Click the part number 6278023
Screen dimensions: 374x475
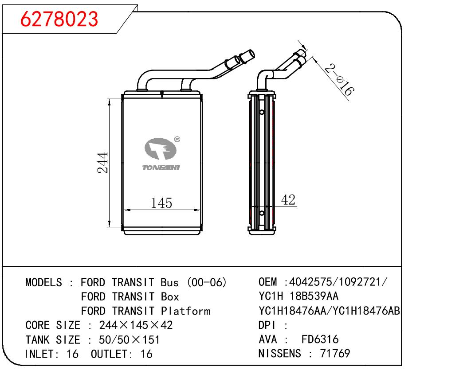(60, 19)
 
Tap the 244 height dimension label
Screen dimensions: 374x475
(103, 163)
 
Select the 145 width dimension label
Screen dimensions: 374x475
(161, 203)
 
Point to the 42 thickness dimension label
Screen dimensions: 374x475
(288, 200)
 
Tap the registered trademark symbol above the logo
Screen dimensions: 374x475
(177, 140)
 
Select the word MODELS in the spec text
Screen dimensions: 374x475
(44, 282)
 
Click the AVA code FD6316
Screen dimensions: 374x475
(320, 339)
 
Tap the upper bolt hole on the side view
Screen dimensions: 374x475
(262, 112)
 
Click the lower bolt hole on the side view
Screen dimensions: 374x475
(262, 214)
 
